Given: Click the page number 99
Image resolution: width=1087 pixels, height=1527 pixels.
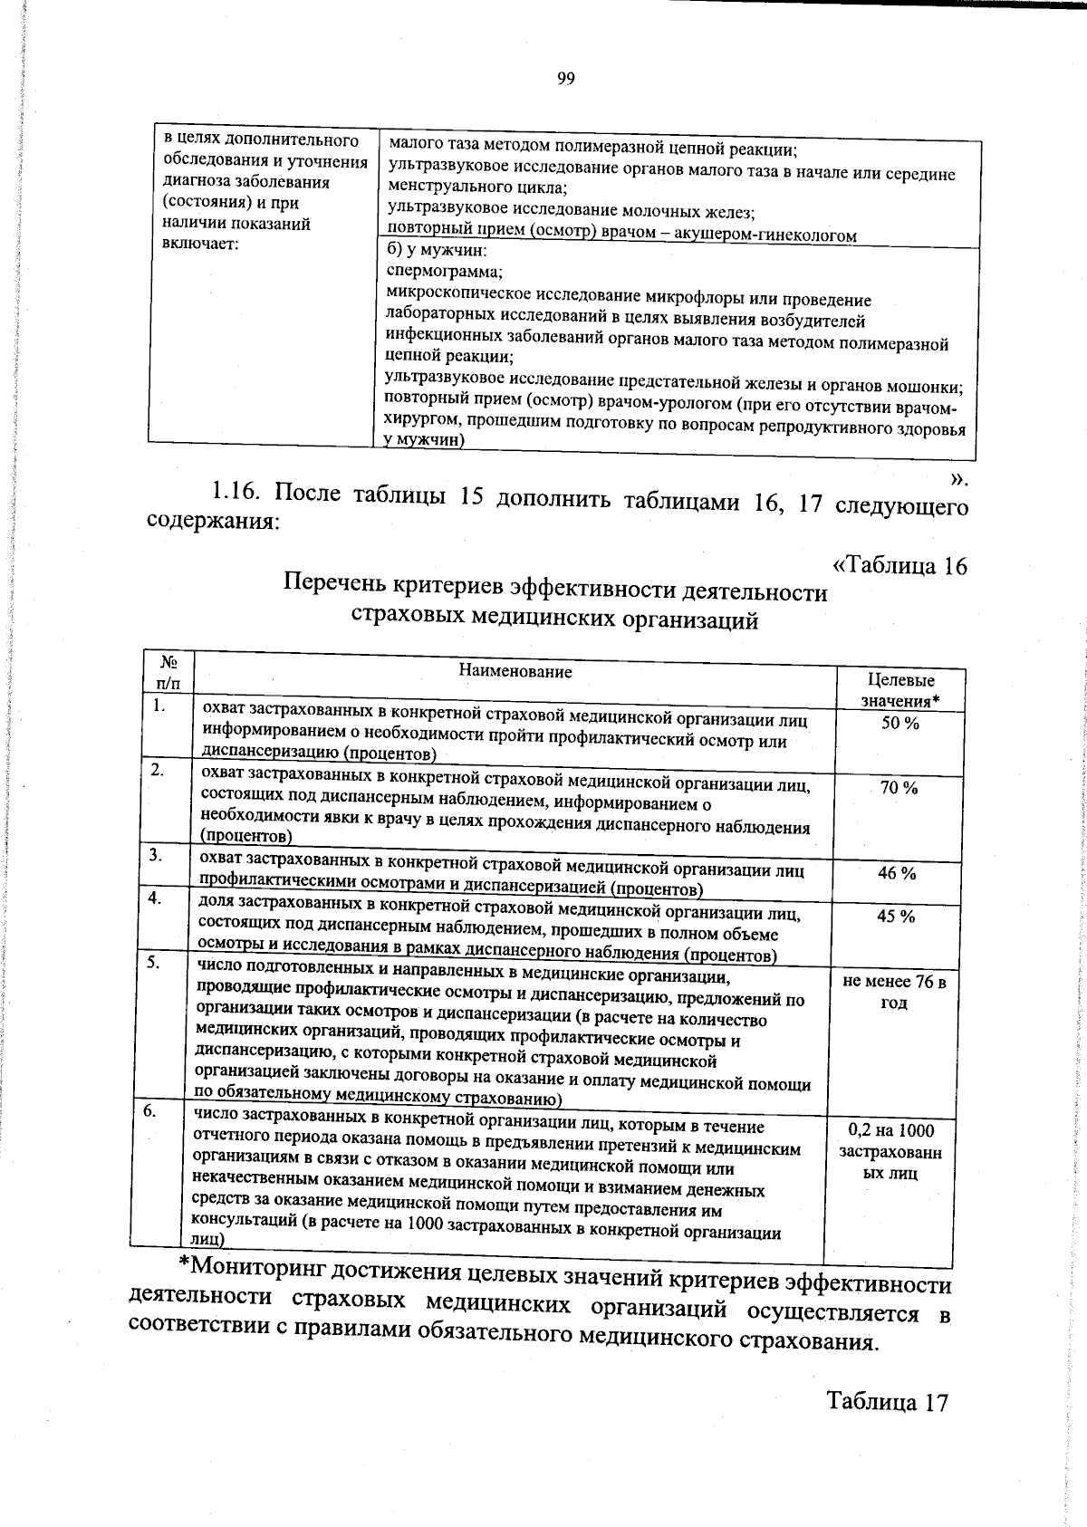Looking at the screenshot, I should (566, 79).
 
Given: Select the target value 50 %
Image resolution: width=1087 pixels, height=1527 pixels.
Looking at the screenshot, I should (900, 723).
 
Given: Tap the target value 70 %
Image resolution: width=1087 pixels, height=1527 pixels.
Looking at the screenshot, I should (899, 788).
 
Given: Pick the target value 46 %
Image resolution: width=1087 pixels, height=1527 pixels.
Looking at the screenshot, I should (897, 873).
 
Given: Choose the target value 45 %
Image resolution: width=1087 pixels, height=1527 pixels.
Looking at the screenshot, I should (896, 917).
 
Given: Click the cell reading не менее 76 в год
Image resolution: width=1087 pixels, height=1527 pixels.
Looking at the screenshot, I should (894, 993).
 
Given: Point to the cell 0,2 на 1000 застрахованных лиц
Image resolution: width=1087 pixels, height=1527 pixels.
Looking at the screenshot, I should (890, 1152).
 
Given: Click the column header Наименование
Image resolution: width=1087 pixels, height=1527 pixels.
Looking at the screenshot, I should (515, 671).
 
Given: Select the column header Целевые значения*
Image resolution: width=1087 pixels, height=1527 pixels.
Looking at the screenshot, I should (900, 690).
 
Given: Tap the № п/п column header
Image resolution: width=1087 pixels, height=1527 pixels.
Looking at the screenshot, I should (168, 672).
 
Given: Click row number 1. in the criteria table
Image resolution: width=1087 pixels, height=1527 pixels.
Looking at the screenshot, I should (159, 706).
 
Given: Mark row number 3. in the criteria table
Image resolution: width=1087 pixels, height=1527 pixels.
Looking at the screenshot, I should (156, 854).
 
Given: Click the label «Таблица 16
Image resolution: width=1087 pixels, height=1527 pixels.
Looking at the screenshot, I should (899, 566).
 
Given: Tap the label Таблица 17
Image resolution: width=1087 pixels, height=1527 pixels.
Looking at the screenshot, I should (887, 1402).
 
